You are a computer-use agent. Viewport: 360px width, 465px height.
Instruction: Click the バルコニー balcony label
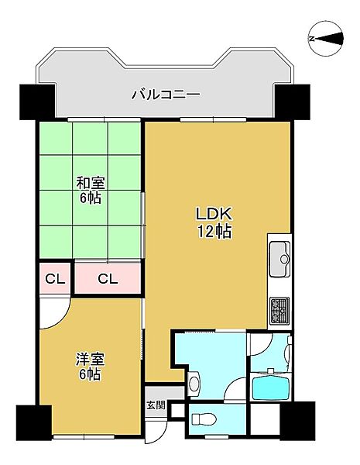point(165,95)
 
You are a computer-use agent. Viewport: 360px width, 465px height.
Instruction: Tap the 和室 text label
point(91,184)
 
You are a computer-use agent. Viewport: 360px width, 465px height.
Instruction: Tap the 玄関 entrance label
point(155,405)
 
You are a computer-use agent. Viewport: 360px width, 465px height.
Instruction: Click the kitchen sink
point(280,253)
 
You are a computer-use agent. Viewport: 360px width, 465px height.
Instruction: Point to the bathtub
point(271,386)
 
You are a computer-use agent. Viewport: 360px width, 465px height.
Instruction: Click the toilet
point(204,419)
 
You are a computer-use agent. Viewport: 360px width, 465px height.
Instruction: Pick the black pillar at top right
point(292,100)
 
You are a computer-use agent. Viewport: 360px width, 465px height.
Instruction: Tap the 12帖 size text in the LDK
point(214,231)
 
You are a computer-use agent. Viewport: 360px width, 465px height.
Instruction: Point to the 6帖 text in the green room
point(91,198)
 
